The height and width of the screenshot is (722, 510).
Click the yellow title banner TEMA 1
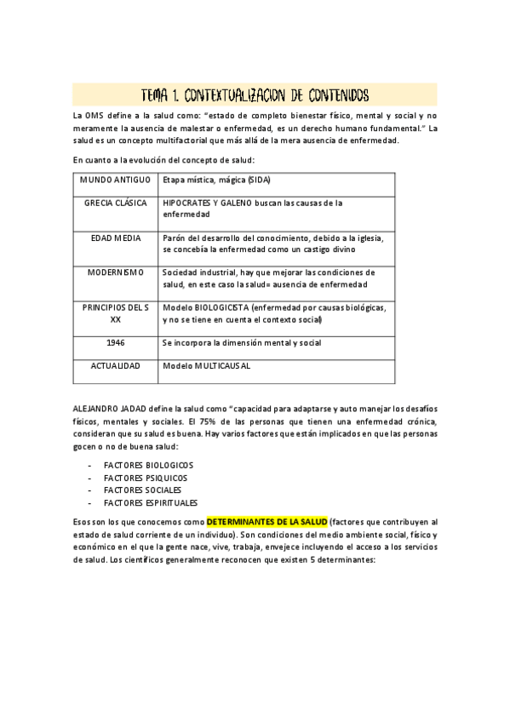[x=255, y=94]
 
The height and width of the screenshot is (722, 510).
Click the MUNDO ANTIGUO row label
[x=116, y=180]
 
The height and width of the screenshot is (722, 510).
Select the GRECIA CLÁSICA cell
[x=116, y=203]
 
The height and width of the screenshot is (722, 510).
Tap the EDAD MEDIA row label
[x=116, y=238]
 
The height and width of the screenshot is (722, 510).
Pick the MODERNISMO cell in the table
[x=116, y=272]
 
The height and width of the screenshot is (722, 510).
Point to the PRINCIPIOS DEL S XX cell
[x=116, y=312]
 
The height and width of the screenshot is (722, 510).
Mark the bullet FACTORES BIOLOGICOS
[x=148, y=466]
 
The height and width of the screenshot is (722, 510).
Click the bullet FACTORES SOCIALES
[x=142, y=490]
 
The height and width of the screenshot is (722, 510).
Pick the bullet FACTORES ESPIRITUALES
[x=150, y=502]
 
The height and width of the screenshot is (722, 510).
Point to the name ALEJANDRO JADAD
[x=108, y=410]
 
